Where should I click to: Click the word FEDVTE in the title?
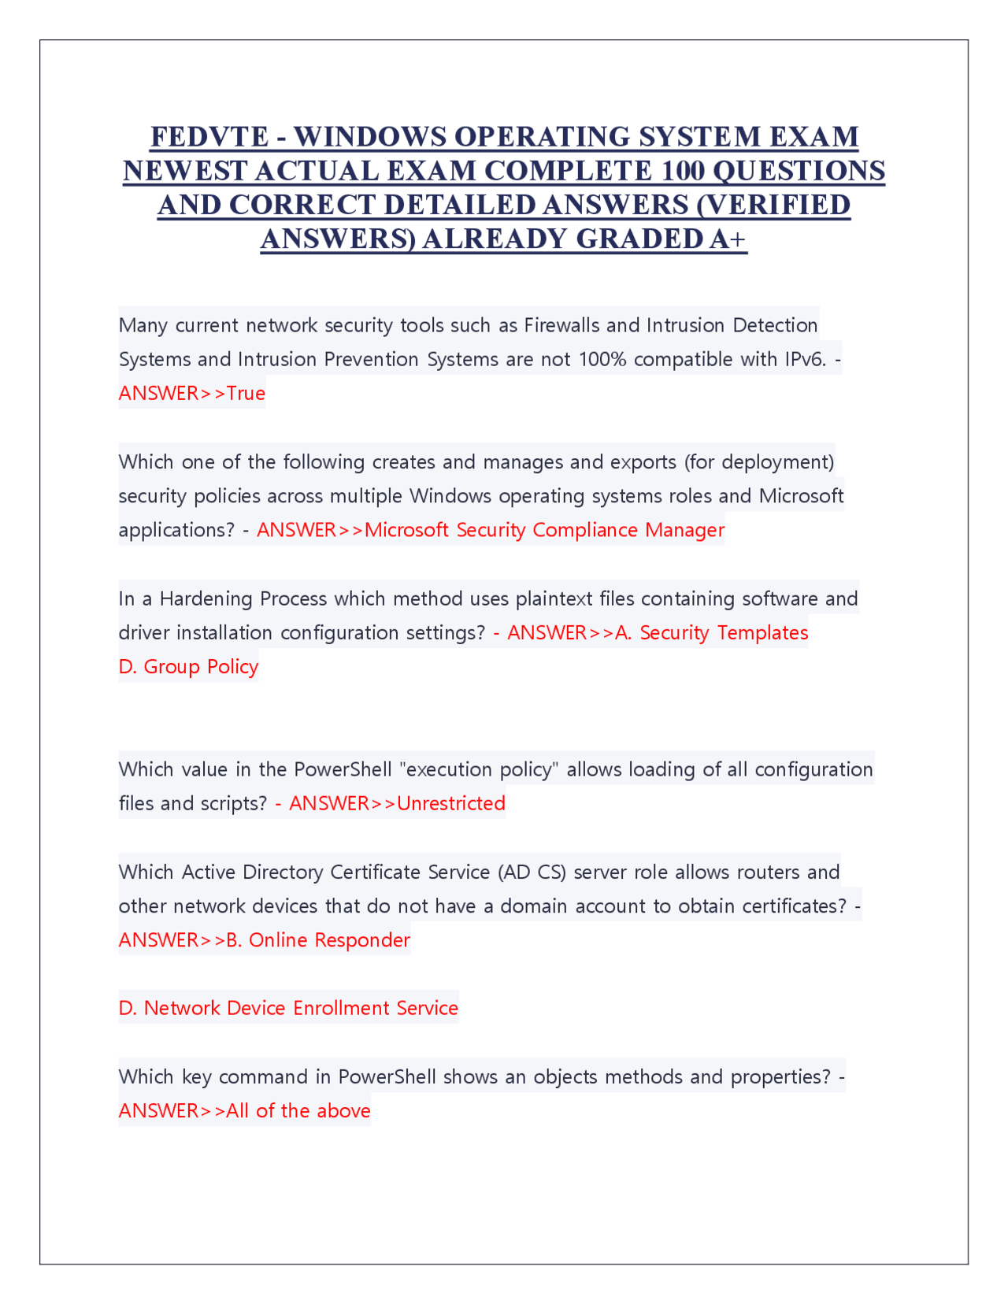tap(209, 137)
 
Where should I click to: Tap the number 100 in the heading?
tap(684, 171)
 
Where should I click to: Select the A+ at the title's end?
tap(727, 239)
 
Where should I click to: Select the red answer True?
tap(246, 394)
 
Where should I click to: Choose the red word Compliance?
tap(585, 531)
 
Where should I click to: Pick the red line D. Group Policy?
tap(188, 667)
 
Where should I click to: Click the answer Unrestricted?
tap(451, 804)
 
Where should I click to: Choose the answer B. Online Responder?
tap(318, 940)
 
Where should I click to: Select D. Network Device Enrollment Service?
tap(288, 1009)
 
